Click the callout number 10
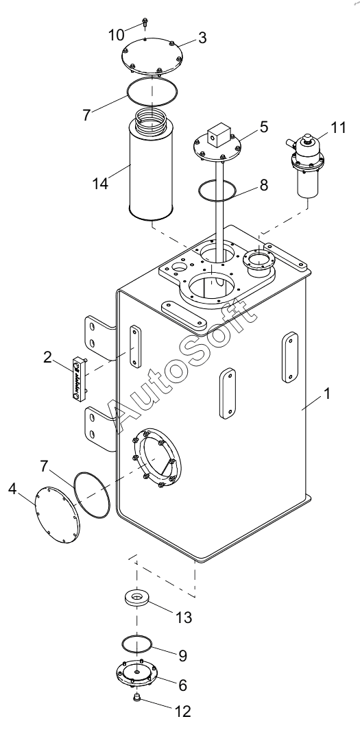pyautogui.click(x=117, y=34)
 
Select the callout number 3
pyautogui.click(x=202, y=38)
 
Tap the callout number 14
pyautogui.click(x=100, y=183)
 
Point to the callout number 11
pyautogui.click(x=339, y=127)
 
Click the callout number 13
pyautogui.click(x=184, y=617)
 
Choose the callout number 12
pyautogui.click(x=182, y=711)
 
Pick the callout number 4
pyautogui.click(x=12, y=489)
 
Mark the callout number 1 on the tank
pyautogui.click(x=327, y=393)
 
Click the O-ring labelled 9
pyautogui.click(x=137, y=644)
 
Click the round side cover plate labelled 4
pyautogui.click(x=56, y=515)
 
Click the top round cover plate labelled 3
pyautogui.click(x=152, y=56)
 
